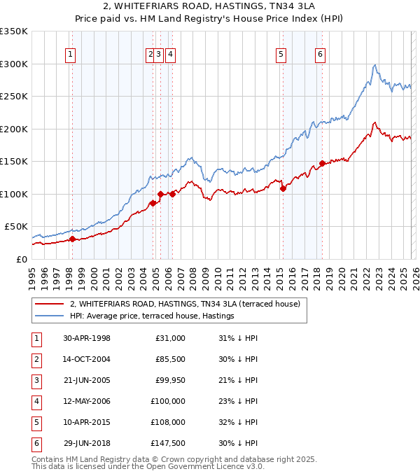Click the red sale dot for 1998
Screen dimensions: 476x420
coord(72,239)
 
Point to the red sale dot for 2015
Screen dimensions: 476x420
coord(283,188)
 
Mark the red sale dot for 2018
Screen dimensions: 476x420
coord(322,163)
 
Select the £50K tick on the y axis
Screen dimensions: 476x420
coord(17,227)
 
